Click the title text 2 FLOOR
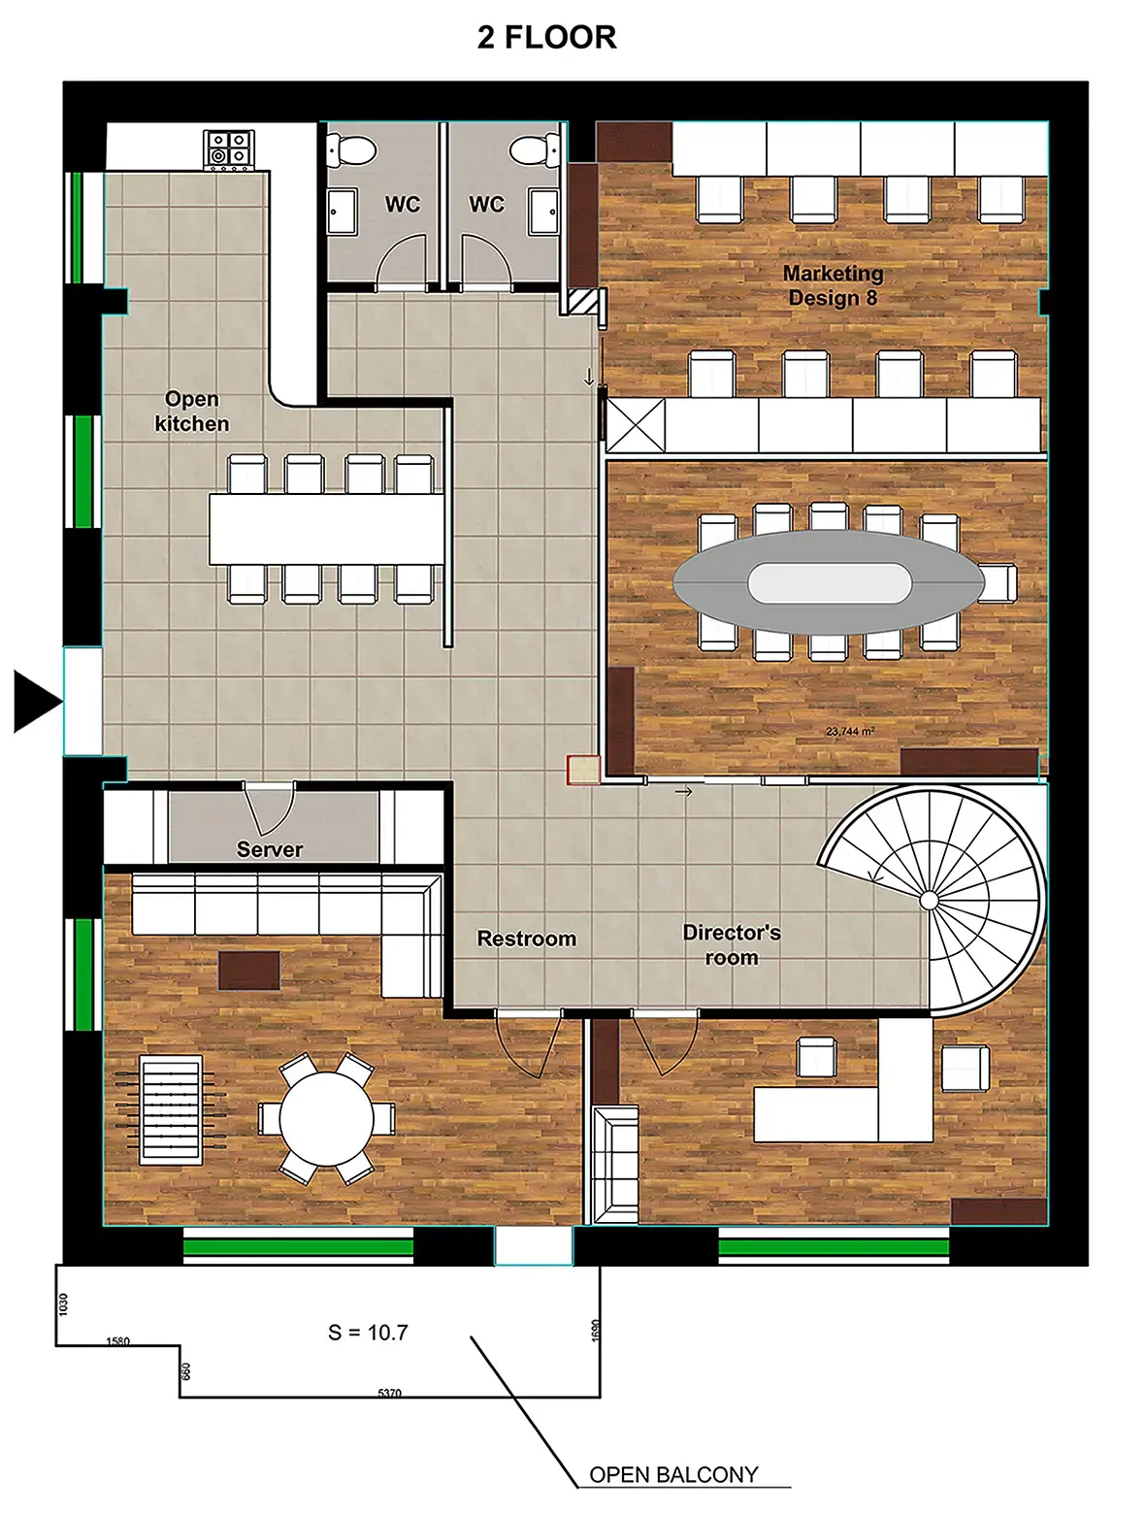click(x=546, y=37)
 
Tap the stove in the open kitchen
click(x=228, y=149)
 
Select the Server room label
click(x=270, y=849)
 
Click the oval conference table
click(x=829, y=582)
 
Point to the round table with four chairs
click(x=326, y=1118)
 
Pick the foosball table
click(x=172, y=1109)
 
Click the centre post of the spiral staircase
click(x=930, y=901)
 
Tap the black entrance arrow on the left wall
click(x=37, y=701)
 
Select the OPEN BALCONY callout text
click(x=673, y=1474)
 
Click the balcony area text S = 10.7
click(x=368, y=1332)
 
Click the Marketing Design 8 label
click(x=833, y=285)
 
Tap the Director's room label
click(x=731, y=944)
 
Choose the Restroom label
click(x=527, y=939)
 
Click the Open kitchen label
click(x=191, y=412)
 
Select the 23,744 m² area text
click(x=850, y=731)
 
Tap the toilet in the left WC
click(x=351, y=150)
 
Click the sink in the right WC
click(x=543, y=211)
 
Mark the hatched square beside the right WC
click(x=582, y=301)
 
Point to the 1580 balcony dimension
click(x=117, y=1341)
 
